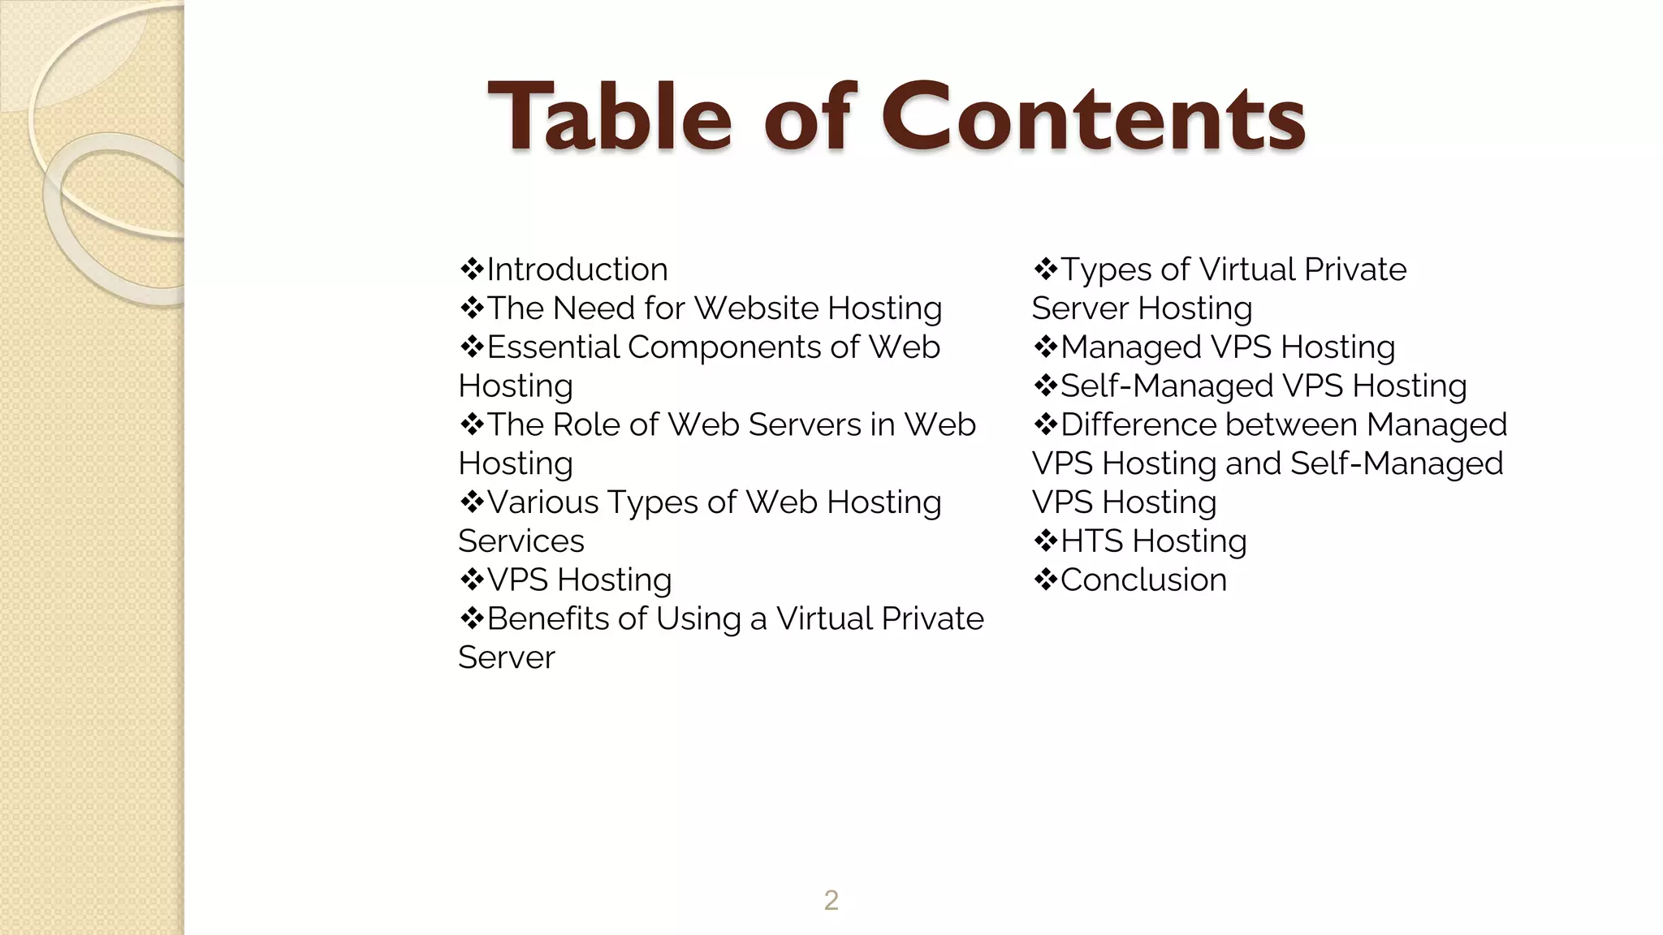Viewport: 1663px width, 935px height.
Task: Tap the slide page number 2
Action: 831,900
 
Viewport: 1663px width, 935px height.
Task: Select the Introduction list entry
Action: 577,269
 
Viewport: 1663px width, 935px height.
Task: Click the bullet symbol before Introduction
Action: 471,269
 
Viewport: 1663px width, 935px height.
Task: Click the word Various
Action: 542,502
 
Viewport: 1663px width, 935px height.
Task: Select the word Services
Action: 521,541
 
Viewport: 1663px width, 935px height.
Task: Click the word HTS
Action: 1091,541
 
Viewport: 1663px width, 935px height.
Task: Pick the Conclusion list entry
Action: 1143,580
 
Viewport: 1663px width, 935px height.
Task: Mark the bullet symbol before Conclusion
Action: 1045,580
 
